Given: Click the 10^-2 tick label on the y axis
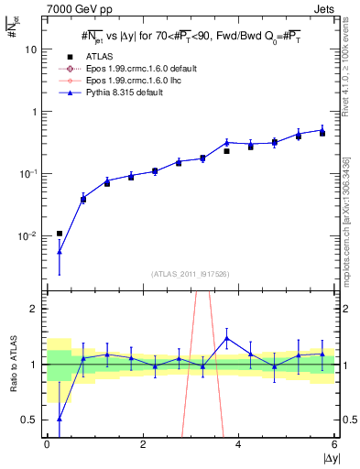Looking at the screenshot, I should click(28, 236).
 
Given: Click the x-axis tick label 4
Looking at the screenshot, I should click(238, 444).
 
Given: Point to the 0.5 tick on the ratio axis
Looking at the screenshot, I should click(30, 420).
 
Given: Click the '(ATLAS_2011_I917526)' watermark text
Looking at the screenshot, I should click(190, 274).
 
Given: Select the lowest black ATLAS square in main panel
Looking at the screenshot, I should click(60, 234).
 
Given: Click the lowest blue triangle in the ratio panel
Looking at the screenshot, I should click(60, 419).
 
